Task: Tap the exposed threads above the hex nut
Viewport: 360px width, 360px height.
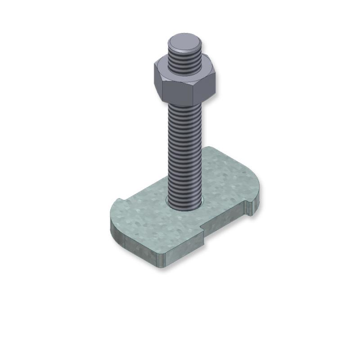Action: (185, 63)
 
